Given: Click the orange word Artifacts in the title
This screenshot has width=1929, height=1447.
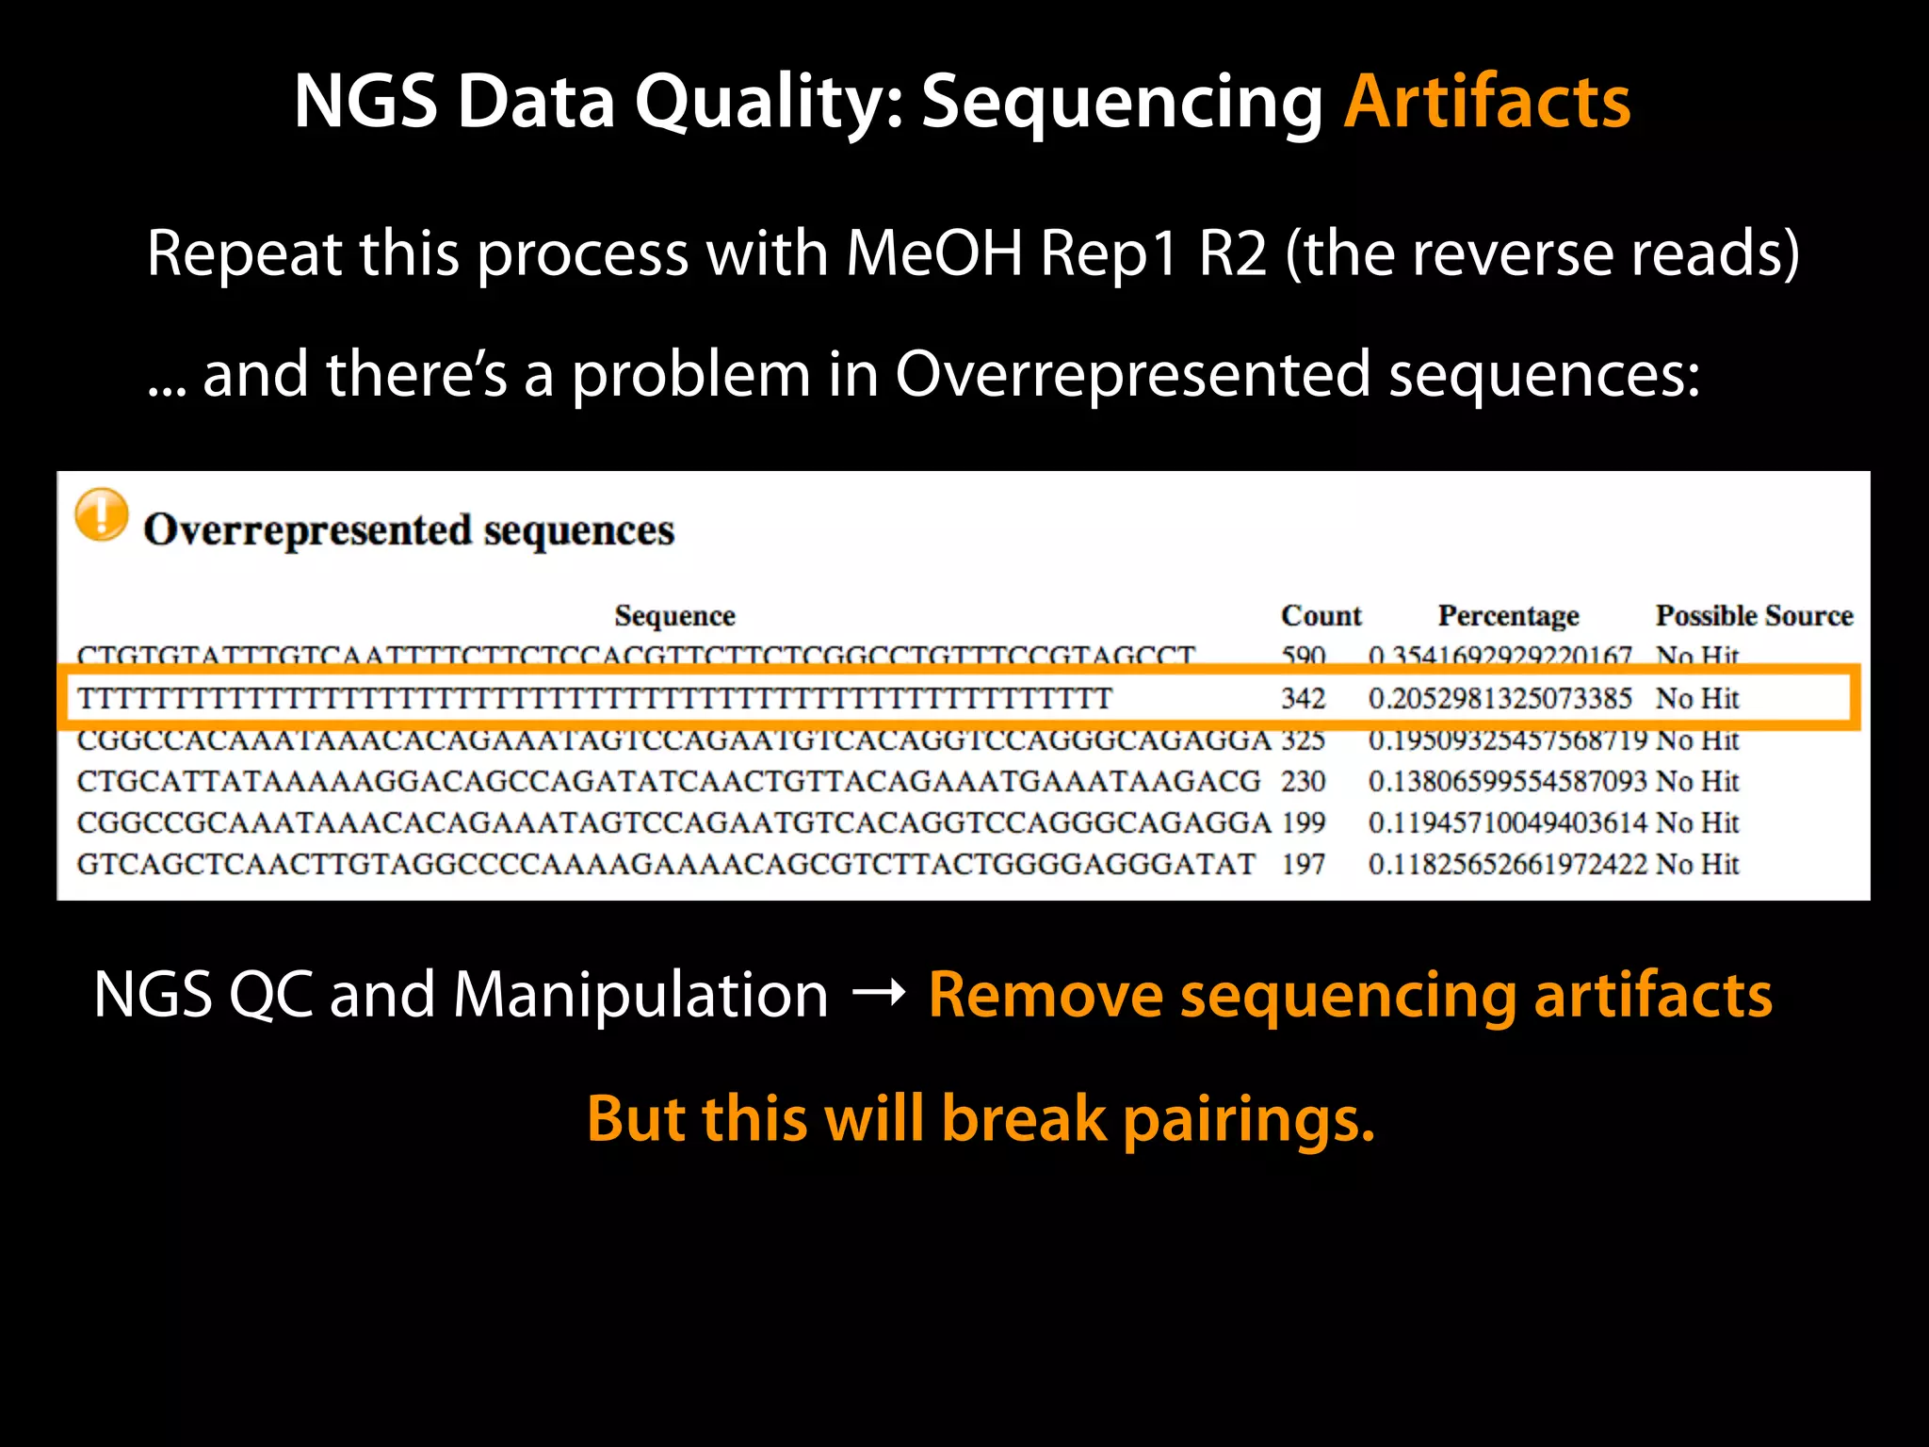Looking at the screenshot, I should pos(1487,101).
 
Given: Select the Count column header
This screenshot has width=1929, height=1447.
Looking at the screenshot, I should pos(1321,615).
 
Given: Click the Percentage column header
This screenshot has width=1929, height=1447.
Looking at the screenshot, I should pos(1508,615).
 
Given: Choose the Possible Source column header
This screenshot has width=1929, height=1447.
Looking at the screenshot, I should pos(1754,615).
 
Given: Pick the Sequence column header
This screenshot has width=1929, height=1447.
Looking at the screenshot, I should pos(674,615).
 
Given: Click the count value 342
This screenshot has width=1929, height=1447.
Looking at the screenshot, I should pos(1303,698).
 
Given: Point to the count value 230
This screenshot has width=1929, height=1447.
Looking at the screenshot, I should pos(1303,781).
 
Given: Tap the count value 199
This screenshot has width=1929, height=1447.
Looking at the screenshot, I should pos(1303,822).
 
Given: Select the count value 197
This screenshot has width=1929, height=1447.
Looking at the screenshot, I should pos(1303,864).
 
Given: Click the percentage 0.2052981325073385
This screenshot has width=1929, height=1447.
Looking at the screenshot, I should pos(1499,698).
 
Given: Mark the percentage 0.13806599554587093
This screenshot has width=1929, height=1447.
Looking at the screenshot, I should pos(1507,781).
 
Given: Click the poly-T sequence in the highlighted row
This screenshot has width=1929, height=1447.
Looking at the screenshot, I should pos(594,698).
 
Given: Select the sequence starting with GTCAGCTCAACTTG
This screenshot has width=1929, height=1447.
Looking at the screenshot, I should pos(666,864).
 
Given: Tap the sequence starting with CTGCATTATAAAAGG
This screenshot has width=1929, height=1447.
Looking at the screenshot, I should pos(669,781).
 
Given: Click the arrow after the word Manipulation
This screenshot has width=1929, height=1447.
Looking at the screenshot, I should pos(878,993).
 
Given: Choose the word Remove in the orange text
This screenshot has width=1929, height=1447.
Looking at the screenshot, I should pos(1046,995).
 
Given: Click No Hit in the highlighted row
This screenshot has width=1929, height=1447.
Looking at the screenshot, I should pos(1697,698).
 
